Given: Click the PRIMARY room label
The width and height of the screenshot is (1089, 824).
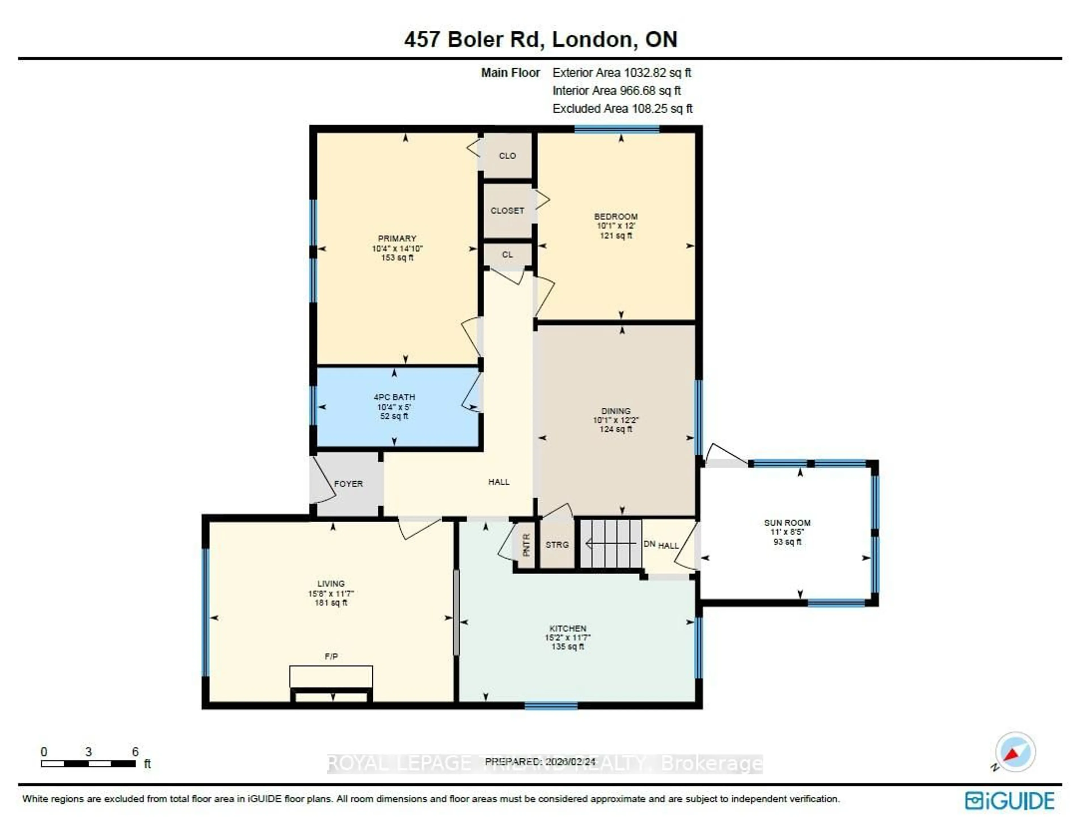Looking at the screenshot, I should pyautogui.click(x=397, y=238).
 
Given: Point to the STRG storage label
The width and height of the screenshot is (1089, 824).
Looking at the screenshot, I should pyautogui.click(x=557, y=545).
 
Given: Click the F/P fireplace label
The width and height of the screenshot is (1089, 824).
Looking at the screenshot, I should pyautogui.click(x=331, y=657).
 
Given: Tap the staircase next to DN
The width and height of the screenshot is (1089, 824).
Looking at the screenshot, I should pyautogui.click(x=611, y=544).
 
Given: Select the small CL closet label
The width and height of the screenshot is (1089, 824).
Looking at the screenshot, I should pyautogui.click(x=507, y=255).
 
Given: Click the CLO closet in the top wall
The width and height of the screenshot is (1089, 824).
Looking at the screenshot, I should pyautogui.click(x=507, y=156).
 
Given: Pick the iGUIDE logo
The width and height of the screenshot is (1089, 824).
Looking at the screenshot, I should pyautogui.click(x=1009, y=801).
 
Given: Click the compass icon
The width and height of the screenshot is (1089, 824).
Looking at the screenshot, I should pyautogui.click(x=1015, y=752).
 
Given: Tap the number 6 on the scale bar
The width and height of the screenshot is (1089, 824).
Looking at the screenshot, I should pyautogui.click(x=135, y=752).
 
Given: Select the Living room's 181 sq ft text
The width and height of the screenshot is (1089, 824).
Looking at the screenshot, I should pyautogui.click(x=331, y=602).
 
